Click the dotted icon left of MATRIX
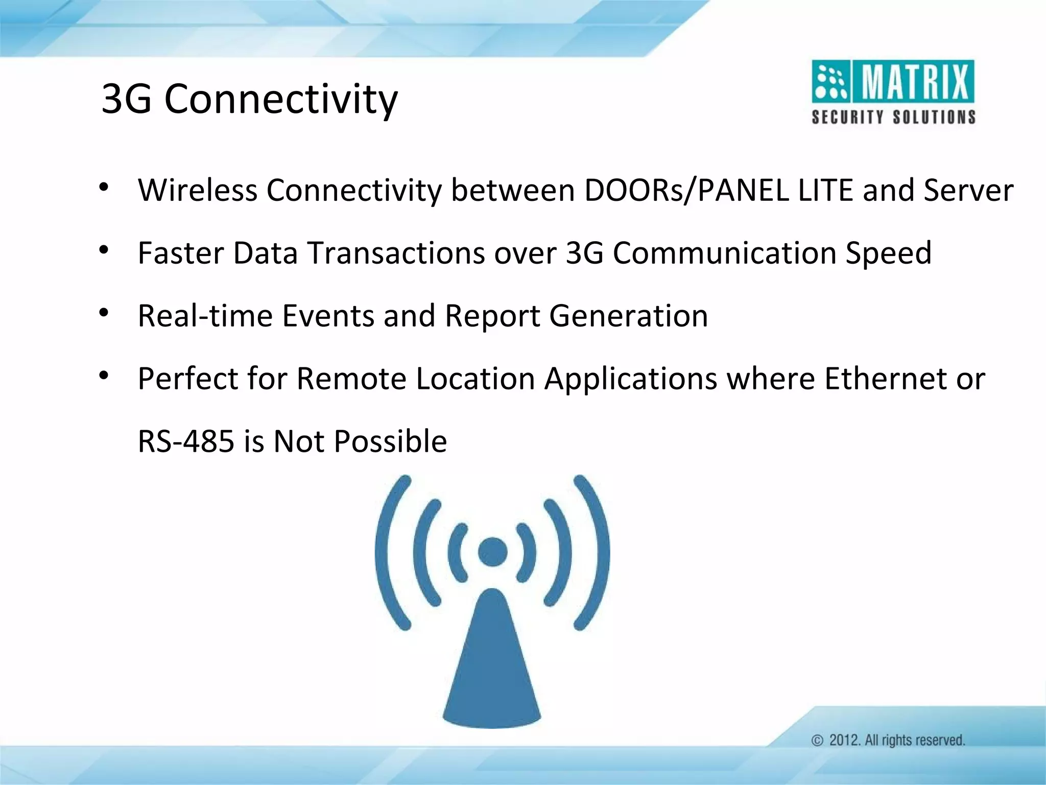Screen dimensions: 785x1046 830,82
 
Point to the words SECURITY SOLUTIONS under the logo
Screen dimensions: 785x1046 893,117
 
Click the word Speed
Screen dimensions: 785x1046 888,253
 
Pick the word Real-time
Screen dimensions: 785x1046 205,316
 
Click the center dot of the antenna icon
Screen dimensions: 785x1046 492,552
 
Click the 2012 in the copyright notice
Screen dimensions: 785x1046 844,740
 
